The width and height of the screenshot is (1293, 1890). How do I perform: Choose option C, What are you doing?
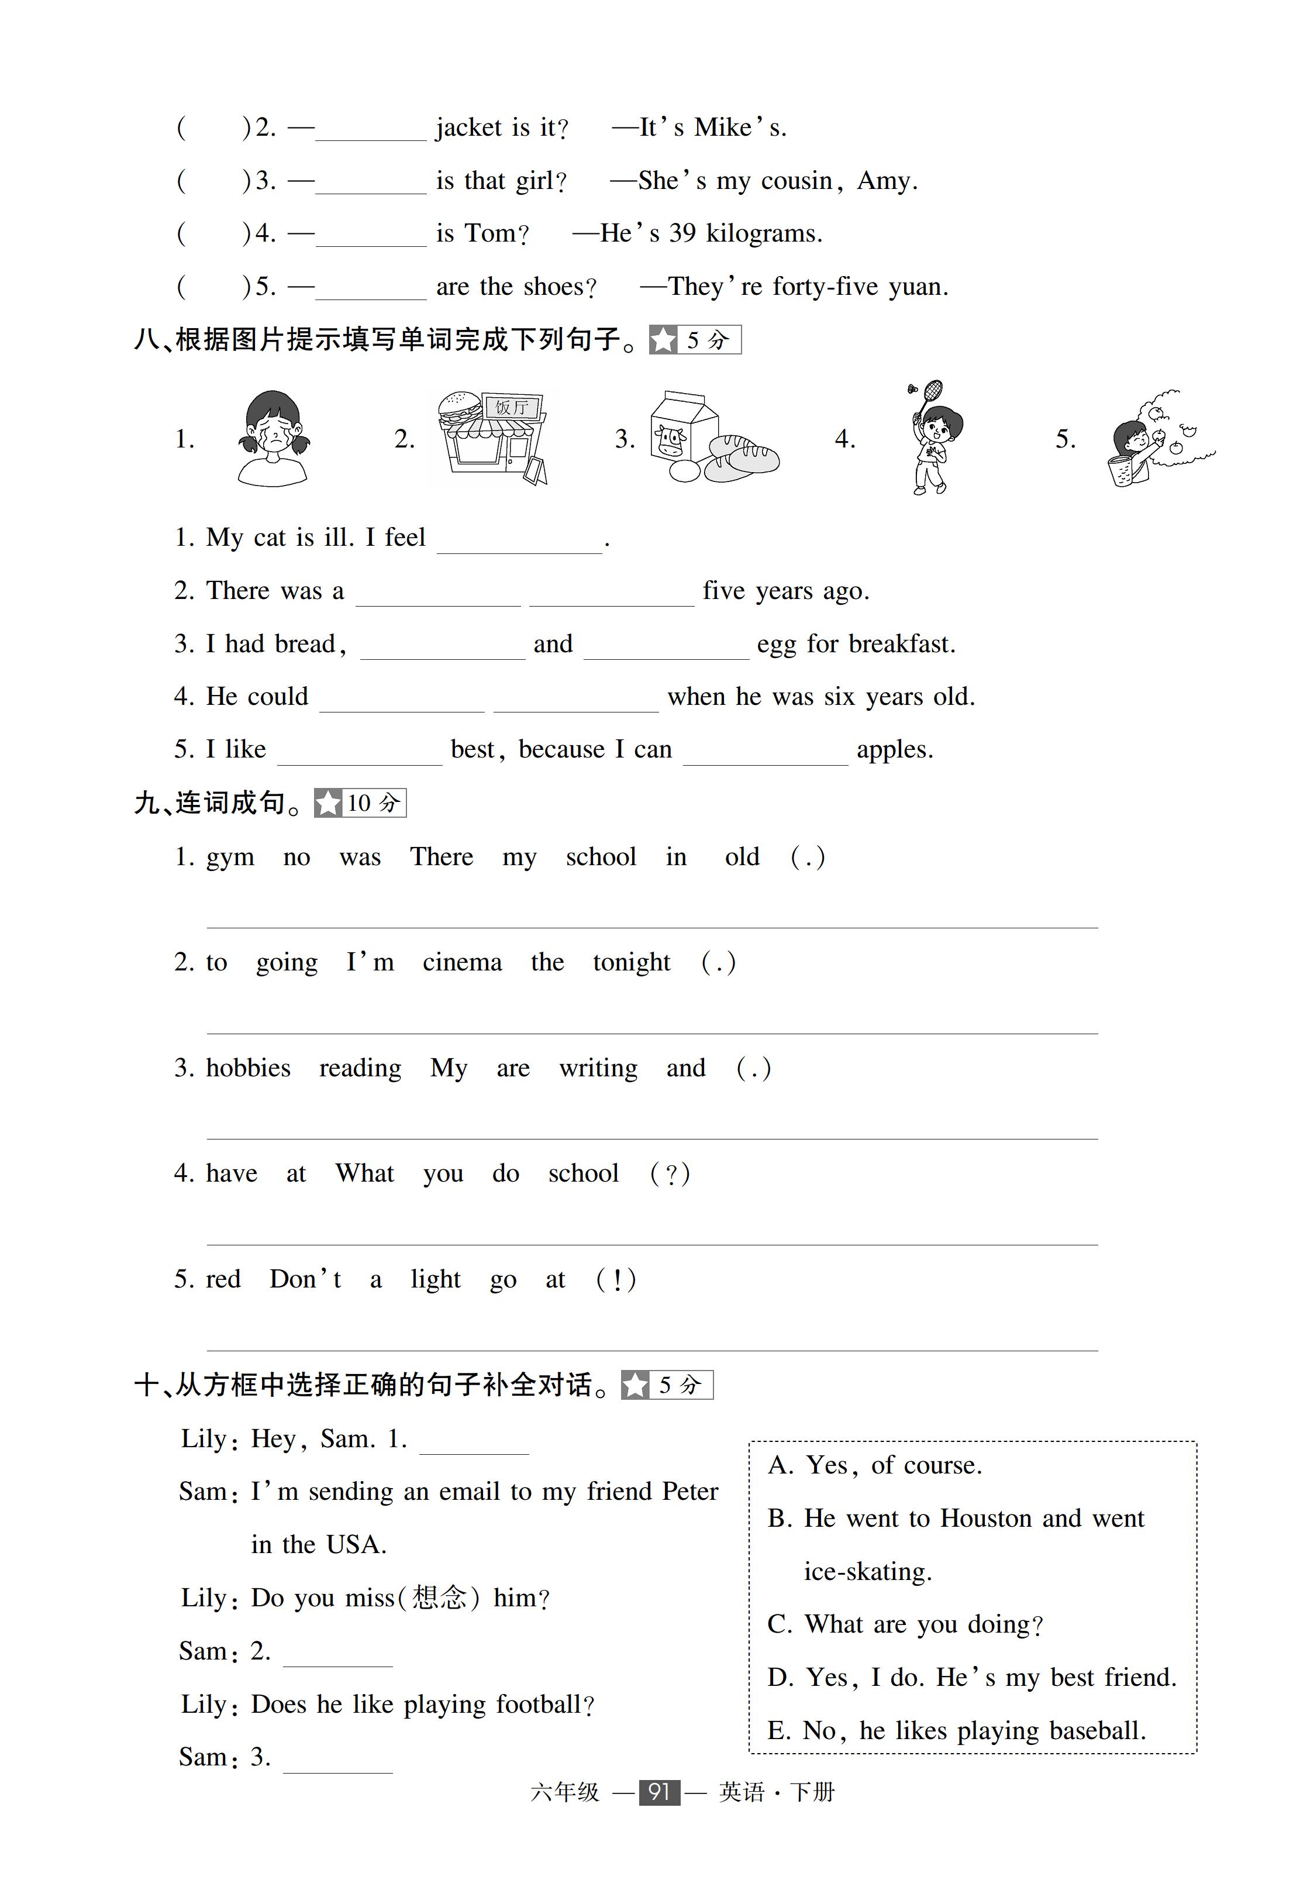pos(904,1624)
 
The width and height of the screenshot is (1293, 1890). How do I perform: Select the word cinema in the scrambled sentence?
pos(462,962)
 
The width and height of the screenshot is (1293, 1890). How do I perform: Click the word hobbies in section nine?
pos(248,1068)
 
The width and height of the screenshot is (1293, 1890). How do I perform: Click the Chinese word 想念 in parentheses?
pos(439,1598)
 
